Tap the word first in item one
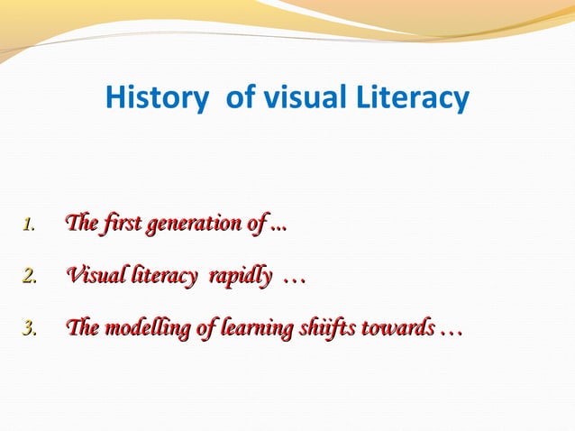[123, 223]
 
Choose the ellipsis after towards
[451, 334]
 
